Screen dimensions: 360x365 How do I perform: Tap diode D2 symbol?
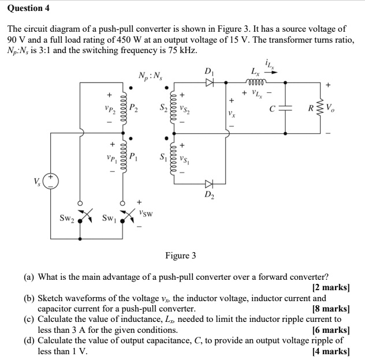pos(209,184)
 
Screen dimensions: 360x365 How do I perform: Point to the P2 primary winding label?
pos(133,107)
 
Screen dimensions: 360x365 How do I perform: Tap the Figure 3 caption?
pos(181,255)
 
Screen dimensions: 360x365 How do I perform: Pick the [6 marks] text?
pos(331,330)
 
